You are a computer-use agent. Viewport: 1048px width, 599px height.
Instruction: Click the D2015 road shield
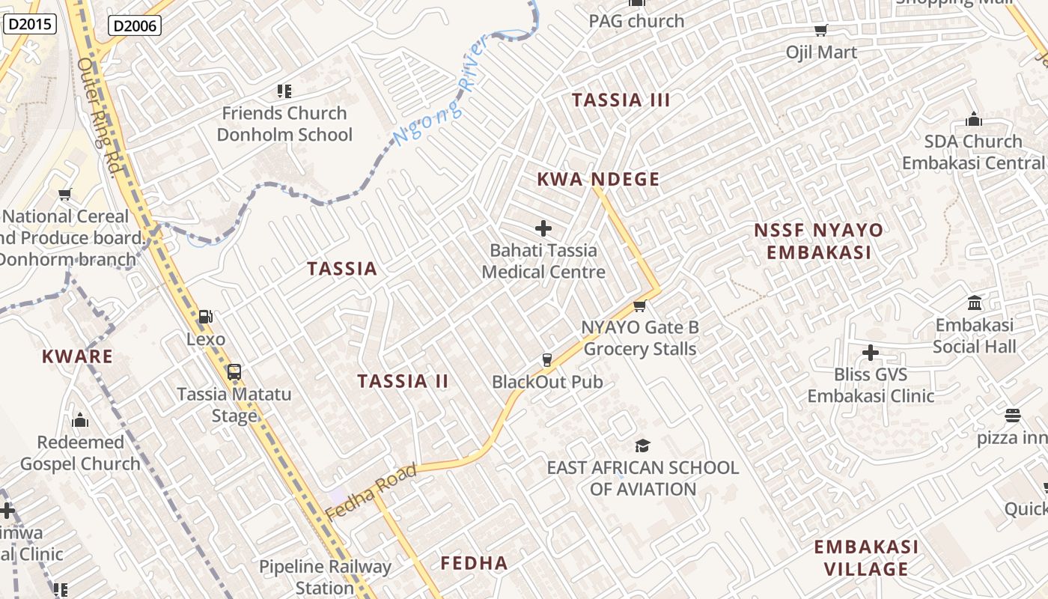point(31,24)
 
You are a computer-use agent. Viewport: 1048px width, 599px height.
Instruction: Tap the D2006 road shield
point(135,26)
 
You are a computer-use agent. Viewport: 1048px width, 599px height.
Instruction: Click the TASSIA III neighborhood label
point(621,100)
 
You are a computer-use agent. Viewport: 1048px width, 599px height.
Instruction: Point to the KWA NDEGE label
point(598,180)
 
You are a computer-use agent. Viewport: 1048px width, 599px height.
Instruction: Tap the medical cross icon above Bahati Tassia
point(543,228)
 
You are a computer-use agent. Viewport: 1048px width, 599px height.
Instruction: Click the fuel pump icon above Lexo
point(206,317)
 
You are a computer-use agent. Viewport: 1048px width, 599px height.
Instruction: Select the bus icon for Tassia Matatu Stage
point(234,371)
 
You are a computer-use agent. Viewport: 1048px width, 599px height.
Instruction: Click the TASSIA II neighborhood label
point(403,381)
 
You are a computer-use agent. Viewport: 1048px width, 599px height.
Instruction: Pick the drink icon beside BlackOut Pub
point(547,360)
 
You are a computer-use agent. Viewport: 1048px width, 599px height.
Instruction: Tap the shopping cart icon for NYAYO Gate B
point(640,305)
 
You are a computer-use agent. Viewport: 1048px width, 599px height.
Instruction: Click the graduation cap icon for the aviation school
point(642,446)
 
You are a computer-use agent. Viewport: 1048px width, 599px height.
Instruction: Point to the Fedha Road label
point(371,493)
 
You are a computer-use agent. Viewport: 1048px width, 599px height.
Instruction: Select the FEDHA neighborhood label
point(474,563)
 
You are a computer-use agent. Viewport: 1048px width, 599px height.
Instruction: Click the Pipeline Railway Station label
point(325,577)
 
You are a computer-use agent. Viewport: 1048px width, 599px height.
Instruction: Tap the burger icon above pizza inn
point(1013,416)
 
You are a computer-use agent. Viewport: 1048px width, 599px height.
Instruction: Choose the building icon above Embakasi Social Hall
point(975,303)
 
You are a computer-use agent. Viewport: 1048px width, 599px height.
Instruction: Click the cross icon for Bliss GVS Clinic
point(871,352)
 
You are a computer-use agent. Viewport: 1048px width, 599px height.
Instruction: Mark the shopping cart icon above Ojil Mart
point(821,31)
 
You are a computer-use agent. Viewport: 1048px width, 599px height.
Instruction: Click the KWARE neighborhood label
point(77,356)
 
